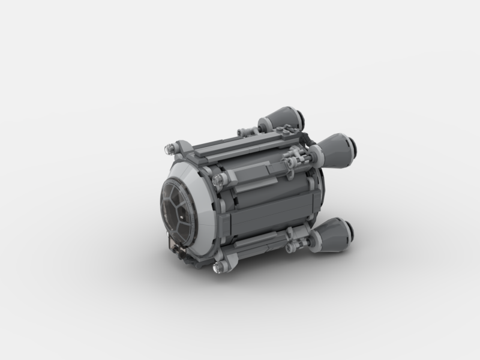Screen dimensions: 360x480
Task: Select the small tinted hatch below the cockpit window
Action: pyautogui.click(x=176, y=245)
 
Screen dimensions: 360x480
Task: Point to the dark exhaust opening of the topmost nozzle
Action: pyautogui.click(x=296, y=112)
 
